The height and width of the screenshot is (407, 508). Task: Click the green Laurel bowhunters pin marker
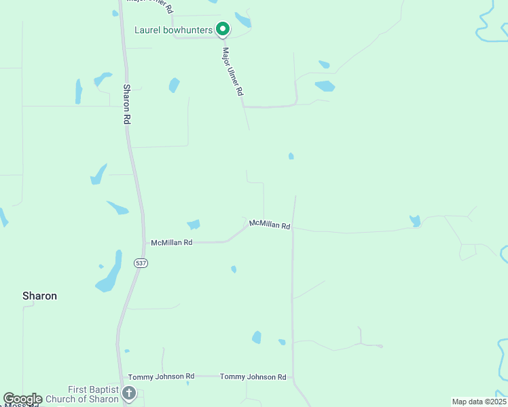[222, 29]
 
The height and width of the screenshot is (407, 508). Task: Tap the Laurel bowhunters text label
[173, 30]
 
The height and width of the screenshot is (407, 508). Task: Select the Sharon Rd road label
[126, 104]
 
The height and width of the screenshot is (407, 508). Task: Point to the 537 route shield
[141, 263]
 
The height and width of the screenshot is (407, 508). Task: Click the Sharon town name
[39, 296]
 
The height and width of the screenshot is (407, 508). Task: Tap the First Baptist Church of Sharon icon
[129, 393]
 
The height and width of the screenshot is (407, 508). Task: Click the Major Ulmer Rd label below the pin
[232, 71]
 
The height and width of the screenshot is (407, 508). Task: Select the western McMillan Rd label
[172, 242]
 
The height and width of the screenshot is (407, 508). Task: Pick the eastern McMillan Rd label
[270, 224]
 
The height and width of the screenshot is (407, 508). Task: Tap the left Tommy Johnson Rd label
[161, 376]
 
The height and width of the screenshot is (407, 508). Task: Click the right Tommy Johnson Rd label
[253, 376]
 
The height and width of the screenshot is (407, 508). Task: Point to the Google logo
[23, 399]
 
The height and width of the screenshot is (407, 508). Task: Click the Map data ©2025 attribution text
[479, 402]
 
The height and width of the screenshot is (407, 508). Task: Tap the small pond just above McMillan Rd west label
[194, 224]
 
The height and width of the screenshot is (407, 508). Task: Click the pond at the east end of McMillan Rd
[415, 220]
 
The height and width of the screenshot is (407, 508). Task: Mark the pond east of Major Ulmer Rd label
[325, 86]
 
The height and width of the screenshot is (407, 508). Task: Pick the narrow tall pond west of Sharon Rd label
[79, 91]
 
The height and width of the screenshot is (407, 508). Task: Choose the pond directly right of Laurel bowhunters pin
[242, 20]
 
